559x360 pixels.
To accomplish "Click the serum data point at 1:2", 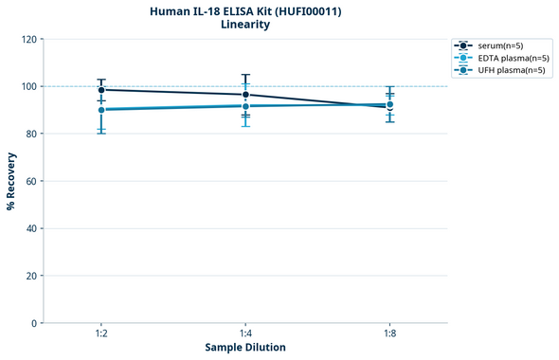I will (x=101, y=90).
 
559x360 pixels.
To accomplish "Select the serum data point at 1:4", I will (x=245, y=95).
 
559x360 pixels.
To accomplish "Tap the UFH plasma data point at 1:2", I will (x=101, y=110).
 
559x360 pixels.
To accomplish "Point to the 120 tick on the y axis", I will (x=28, y=39).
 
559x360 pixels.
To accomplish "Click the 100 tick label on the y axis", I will (x=28, y=86).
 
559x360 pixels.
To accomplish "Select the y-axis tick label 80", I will (x=31, y=134).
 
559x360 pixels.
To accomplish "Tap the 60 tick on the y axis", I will (x=31, y=181).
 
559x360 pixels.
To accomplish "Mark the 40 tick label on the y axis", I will (x=31, y=228).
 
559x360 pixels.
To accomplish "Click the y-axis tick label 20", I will (x=31, y=276).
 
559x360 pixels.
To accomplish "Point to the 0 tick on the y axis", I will (x=34, y=323).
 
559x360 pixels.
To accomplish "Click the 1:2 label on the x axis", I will (x=101, y=334).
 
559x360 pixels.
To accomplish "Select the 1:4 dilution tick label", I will (x=245, y=334).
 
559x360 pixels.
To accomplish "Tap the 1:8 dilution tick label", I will (x=389, y=334).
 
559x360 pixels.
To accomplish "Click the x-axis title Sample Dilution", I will (x=245, y=348).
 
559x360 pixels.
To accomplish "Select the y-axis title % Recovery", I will (x=11, y=181).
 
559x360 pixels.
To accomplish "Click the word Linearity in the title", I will (x=245, y=25).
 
